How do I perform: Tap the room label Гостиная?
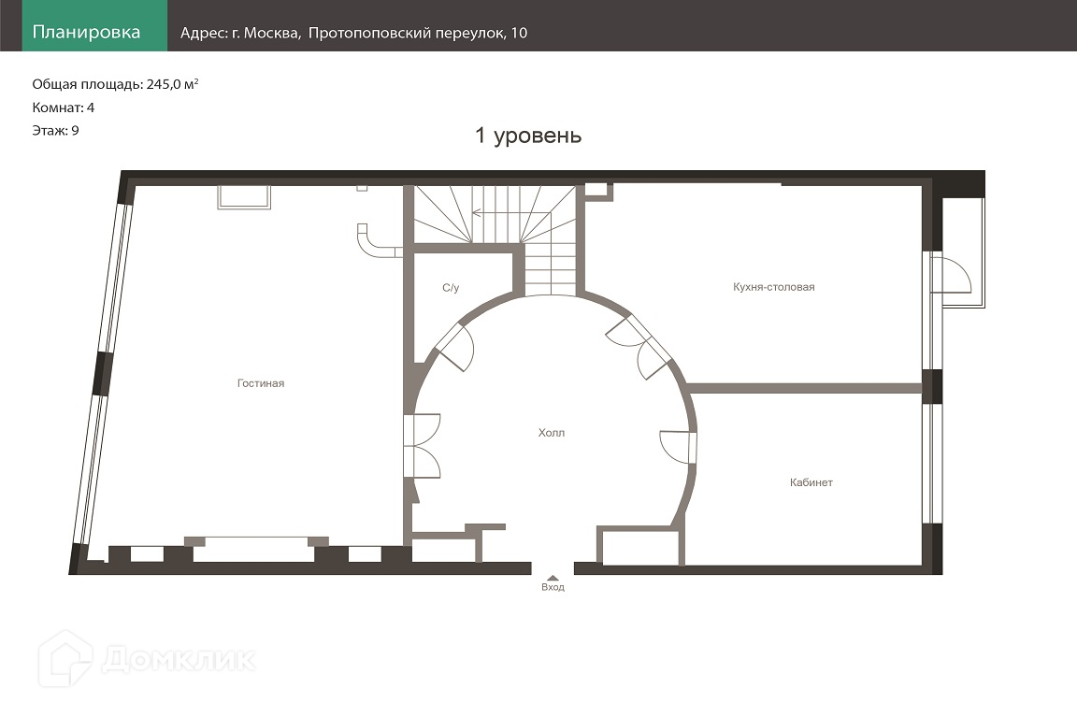pos(260,383)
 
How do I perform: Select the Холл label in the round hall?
pos(551,433)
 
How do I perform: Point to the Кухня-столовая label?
pos(773,287)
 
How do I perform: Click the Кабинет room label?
pos(811,482)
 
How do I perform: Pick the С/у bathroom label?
pos(451,288)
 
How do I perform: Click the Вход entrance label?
pos(553,587)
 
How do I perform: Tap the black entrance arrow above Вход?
pos(553,578)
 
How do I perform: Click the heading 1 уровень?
pos(528,136)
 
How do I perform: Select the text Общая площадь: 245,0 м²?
pos(115,84)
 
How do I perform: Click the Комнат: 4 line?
pos(64,108)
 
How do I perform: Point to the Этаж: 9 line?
pos(56,131)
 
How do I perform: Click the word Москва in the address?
pos(272,33)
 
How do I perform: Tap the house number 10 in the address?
pos(519,33)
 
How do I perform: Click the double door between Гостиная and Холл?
pos(423,445)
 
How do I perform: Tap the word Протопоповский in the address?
pos(369,33)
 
